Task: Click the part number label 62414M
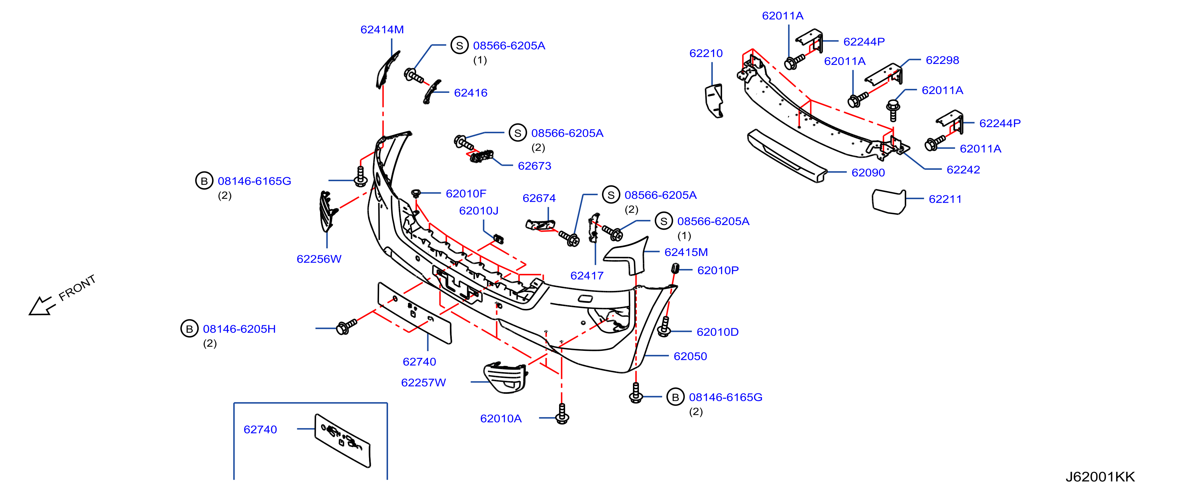[x=382, y=30]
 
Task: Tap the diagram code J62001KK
[x=1100, y=477]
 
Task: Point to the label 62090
[x=868, y=173]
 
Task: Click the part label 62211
[x=945, y=199]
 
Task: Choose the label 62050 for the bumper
[x=690, y=357]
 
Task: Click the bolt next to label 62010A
[x=562, y=414]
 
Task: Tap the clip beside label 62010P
[x=675, y=268]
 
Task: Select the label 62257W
[x=423, y=382]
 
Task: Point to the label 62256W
[x=319, y=259]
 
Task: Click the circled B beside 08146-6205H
[x=189, y=329]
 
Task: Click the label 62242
[x=963, y=170]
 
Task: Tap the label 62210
[x=706, y=54]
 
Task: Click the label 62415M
[x=686, y=253]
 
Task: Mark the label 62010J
[x=479, y=211]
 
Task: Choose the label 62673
[x=534, y=166]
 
